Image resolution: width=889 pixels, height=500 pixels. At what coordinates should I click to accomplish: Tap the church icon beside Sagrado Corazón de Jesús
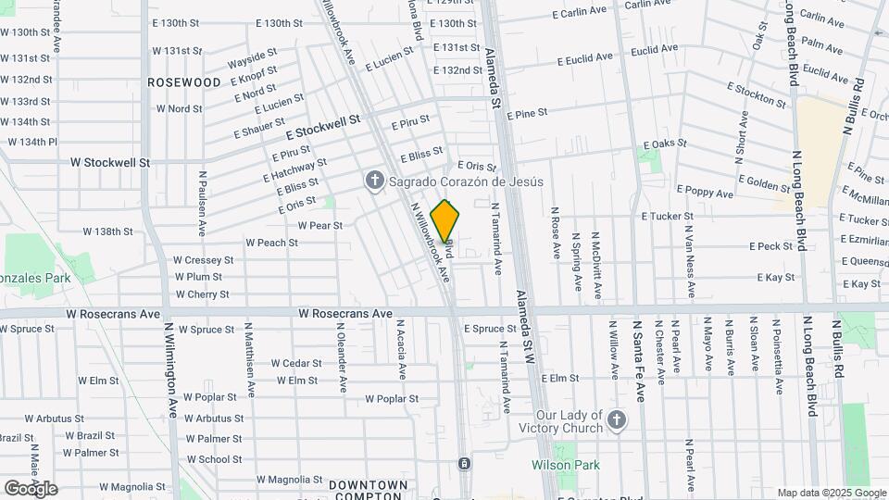click(374, 180)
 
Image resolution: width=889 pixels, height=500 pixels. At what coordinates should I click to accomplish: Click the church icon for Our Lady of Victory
click(617, 423)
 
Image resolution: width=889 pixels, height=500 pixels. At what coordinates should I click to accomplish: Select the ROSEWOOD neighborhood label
click(184, 82)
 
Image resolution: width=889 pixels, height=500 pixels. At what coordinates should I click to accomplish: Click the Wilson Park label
click(565, 466)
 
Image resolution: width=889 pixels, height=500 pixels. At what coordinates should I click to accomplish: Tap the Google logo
click(31, 488)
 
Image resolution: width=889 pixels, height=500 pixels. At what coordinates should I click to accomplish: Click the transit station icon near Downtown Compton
click(463, 463)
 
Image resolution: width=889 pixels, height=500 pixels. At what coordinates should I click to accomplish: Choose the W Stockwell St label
click(110, 162)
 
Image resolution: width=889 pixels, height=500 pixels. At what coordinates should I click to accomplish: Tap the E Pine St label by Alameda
click(527, 113)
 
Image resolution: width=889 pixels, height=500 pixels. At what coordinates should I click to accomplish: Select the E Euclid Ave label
click(584, 57)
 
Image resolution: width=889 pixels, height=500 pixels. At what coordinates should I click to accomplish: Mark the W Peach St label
click(271, 243)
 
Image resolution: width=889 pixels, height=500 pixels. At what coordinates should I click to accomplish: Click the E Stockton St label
click(757, 94)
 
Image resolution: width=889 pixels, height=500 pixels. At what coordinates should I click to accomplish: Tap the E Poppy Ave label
click(705, 193)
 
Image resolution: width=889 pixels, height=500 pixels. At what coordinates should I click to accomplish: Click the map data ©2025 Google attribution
click(832, 493)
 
